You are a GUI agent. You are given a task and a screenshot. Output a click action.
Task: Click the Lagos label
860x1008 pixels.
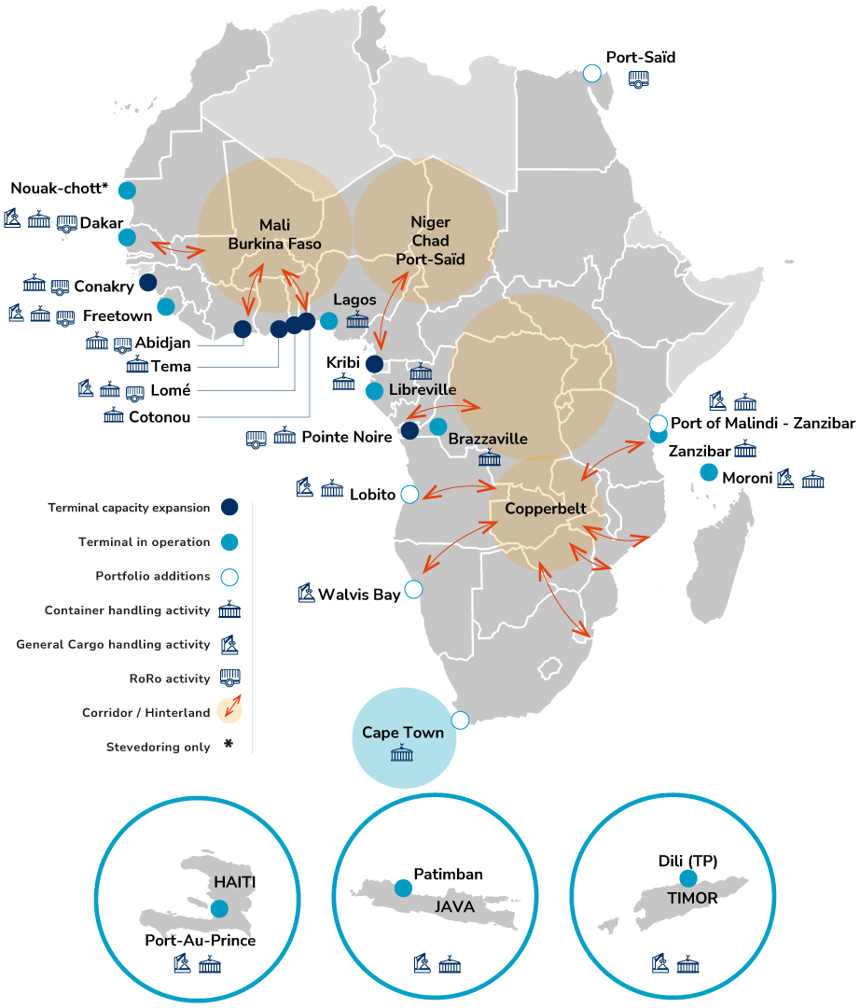(x=354, y=300)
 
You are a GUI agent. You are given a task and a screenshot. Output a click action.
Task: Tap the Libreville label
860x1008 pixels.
(x=423, y=389)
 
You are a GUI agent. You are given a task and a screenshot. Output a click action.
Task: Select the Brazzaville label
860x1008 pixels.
(x=488, y=439)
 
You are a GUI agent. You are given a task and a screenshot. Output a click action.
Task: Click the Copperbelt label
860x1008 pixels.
(x=546, y=509)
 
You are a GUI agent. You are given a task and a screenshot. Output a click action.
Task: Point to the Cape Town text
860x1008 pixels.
(x=403, y=733)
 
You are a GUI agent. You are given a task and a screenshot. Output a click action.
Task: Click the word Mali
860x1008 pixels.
(x=275, y=225)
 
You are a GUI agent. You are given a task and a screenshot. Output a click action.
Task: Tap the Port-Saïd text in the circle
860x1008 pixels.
(x=430, y=259)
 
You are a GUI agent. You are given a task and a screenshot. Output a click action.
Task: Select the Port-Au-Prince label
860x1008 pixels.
(x=201, y=940)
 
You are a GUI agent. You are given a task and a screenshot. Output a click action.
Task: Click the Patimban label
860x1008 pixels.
(x=450, y=875)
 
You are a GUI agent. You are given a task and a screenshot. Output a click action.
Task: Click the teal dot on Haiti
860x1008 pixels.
(x=219, y=908)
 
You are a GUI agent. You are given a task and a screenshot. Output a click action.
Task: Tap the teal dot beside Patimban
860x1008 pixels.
(x=403, y=888)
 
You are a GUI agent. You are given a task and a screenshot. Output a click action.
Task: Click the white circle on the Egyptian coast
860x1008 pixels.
(x=592, y=73)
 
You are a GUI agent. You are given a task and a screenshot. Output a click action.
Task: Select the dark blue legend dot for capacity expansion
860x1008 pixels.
(x=229, y=508)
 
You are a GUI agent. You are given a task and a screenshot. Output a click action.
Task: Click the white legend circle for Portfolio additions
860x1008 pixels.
(x=229, y=577)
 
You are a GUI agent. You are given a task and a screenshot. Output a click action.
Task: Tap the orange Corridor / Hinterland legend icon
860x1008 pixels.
(x=229, y=711)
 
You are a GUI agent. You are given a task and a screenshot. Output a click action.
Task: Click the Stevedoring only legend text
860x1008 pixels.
(x=158, y=747)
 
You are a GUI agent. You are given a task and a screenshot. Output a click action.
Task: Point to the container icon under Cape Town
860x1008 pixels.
(x=403, y=753)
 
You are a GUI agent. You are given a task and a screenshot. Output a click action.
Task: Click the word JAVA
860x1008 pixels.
(x=454, y=906)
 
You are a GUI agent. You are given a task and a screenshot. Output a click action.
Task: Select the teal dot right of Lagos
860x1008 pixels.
(x=328, y=320)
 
